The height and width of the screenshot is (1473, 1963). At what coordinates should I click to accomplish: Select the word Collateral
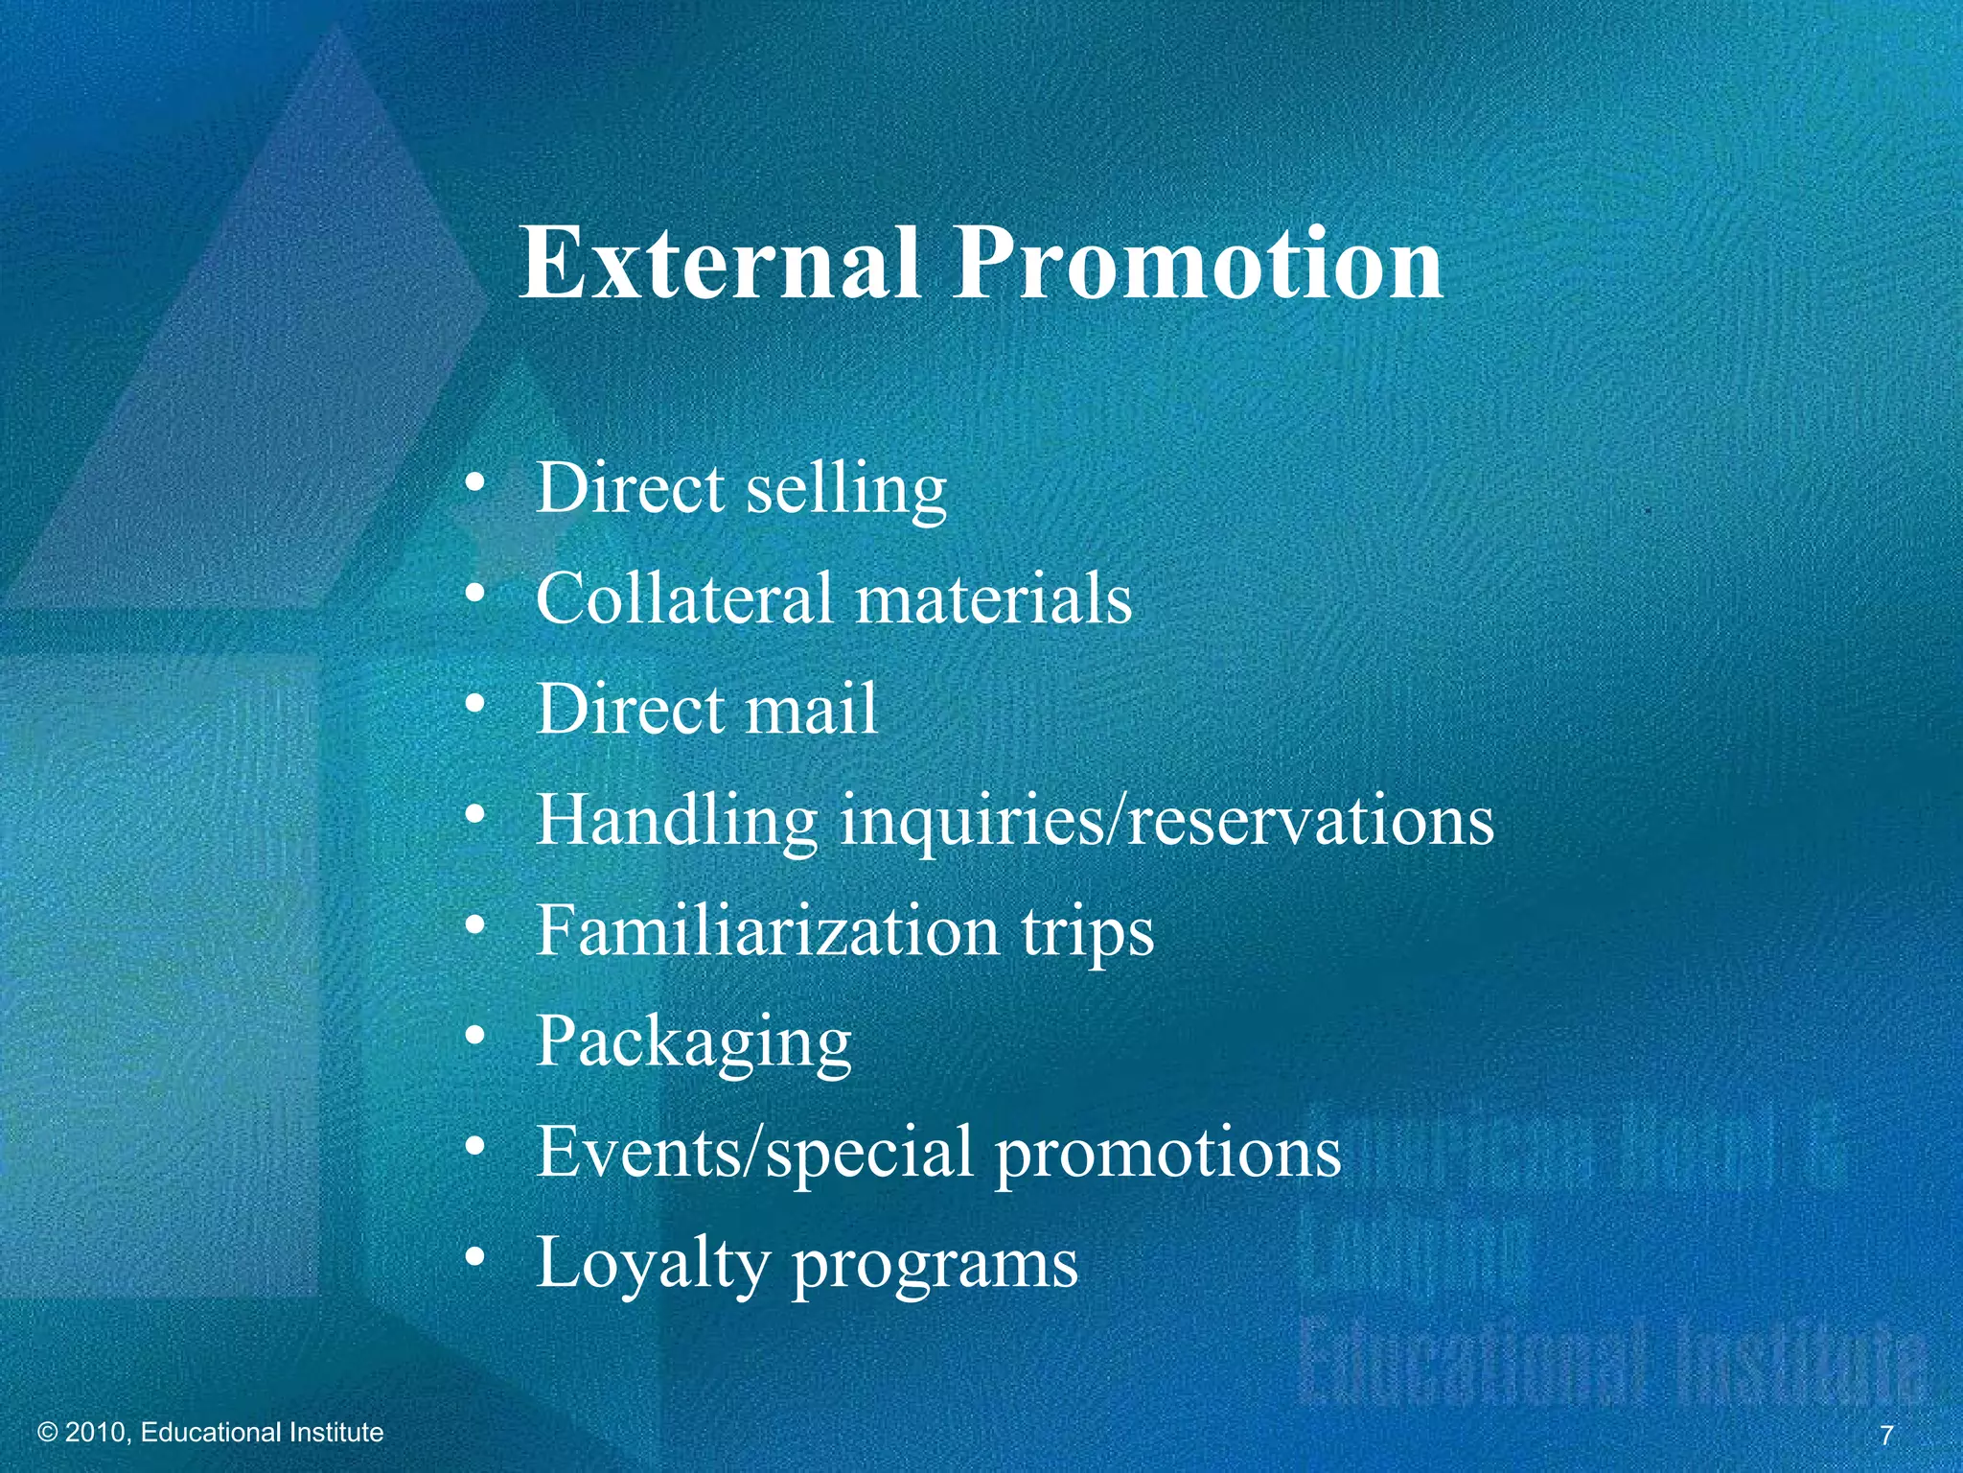(x=683, y=598)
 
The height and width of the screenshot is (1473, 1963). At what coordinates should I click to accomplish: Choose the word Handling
(x=676, y=821)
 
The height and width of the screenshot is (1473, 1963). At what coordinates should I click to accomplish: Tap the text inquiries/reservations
(x=1166, y=821)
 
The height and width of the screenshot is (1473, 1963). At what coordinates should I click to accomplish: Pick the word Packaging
(x=693, y=1043)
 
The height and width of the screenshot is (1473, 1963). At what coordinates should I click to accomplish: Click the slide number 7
(x=1886, y=1436)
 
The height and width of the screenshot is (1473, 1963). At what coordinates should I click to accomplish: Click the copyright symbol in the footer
(x=47, y=1433)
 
